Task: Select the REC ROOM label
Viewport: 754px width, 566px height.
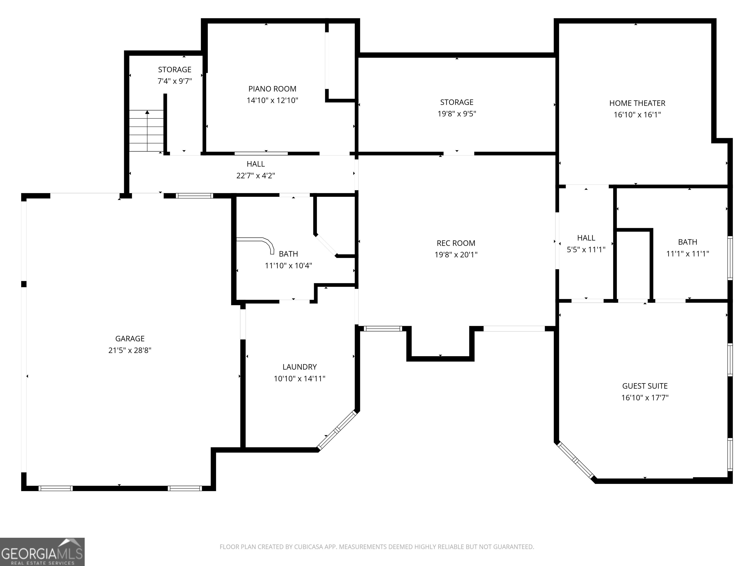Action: click(x=456, y=243)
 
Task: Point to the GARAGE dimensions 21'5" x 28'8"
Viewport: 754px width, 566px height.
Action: click(x=130, y=350)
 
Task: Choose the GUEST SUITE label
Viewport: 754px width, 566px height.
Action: click(x=645, y=386)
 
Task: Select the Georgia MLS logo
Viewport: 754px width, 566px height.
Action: click(x=42, y=552)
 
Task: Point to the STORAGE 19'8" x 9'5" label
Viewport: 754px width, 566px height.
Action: click(x=457, y=108)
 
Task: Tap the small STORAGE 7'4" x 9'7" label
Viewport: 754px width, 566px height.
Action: click(x=175, y=75)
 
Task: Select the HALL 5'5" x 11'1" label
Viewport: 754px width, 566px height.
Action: click(x=586, y=244)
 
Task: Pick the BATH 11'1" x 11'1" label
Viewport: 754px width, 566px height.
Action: click(x=687, y=248)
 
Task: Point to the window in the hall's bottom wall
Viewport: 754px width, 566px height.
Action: click(x=194, y=196)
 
